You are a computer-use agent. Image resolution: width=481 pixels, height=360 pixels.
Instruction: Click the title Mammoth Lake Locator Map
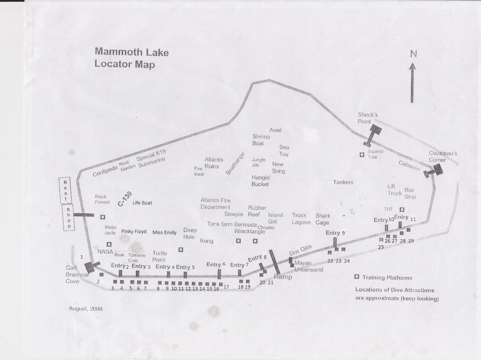pos(131,58)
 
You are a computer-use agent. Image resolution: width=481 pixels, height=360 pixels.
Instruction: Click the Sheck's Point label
pos(368,118)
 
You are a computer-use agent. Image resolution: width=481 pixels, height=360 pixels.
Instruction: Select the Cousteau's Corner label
pos(443,156)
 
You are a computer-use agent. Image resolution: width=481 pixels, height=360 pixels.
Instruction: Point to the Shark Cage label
pos(322,219)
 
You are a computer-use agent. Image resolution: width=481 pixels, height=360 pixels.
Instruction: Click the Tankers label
pos(343,182)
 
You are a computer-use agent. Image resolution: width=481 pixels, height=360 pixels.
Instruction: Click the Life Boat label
pos(142,203)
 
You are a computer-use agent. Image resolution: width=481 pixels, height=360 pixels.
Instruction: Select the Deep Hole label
pos(189,233)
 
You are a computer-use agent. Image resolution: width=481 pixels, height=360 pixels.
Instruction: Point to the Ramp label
pos(283,277)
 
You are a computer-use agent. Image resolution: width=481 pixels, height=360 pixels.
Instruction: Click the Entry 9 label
pos(335,233)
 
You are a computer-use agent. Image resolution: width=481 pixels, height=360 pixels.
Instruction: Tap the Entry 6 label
pos(216,265)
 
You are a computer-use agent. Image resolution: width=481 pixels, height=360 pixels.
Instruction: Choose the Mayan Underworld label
pos(309,266)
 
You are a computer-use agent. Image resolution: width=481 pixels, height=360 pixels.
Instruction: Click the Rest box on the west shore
pos(65,190)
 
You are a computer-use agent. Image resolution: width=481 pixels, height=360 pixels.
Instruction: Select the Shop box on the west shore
pos(68,218)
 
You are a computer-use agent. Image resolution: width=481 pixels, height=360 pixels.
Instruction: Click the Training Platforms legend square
pos(356,277)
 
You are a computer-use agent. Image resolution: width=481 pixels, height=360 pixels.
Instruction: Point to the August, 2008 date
pos(86,308)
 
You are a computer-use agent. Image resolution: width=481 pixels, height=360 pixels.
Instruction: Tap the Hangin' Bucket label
pos(261,180)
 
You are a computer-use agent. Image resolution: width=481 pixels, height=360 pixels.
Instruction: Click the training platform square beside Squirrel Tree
pos(362,155)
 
